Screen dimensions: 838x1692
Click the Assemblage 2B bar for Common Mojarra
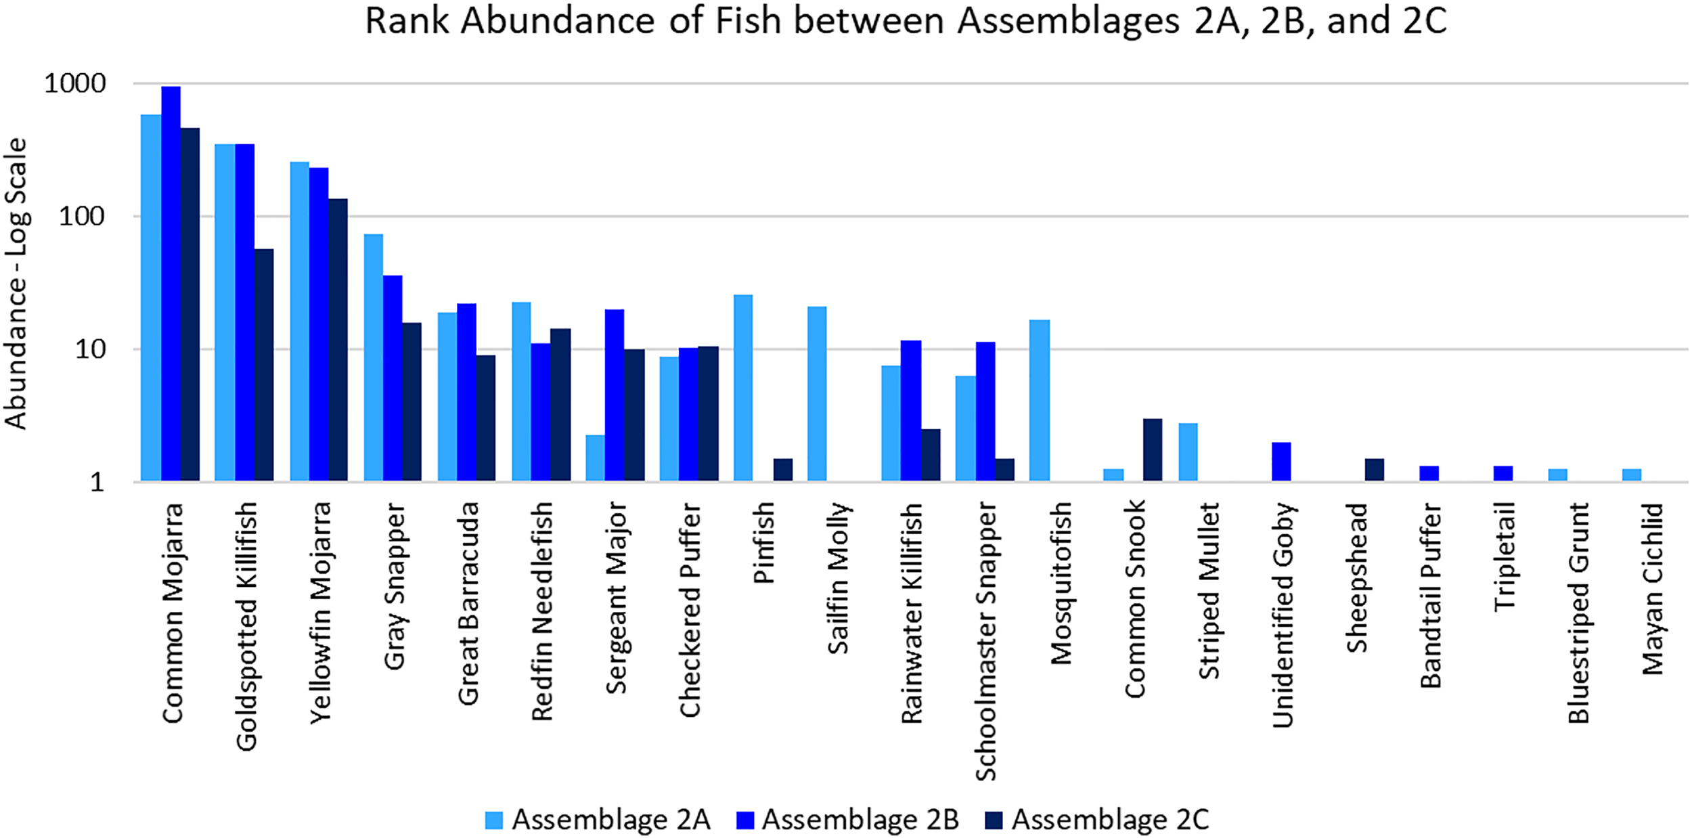tap(171, 284)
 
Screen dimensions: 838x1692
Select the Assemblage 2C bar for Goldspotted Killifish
tap(264, 366)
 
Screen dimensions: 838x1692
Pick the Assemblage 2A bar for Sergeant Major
tap(595, 458)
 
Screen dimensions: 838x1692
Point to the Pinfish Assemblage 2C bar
tap(783, 470)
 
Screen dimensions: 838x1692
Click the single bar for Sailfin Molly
tap(817, 394)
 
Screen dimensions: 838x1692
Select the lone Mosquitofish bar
tap(1040, 401)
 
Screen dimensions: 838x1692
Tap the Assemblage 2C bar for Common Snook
tap(1153, 450)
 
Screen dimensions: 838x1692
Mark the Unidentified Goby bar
tap(1281, 462)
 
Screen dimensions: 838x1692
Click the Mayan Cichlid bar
tap(1632, 475)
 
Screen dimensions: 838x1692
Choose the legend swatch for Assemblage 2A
tap(494, 820)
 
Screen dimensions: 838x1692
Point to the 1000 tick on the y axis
tap(75, 84)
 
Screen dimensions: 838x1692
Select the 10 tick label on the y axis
tap(91, 350)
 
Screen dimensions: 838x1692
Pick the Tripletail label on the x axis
tap(1504, 556)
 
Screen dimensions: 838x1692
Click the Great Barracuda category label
tap(468, 603)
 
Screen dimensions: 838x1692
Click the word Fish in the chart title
tap(748, 20)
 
